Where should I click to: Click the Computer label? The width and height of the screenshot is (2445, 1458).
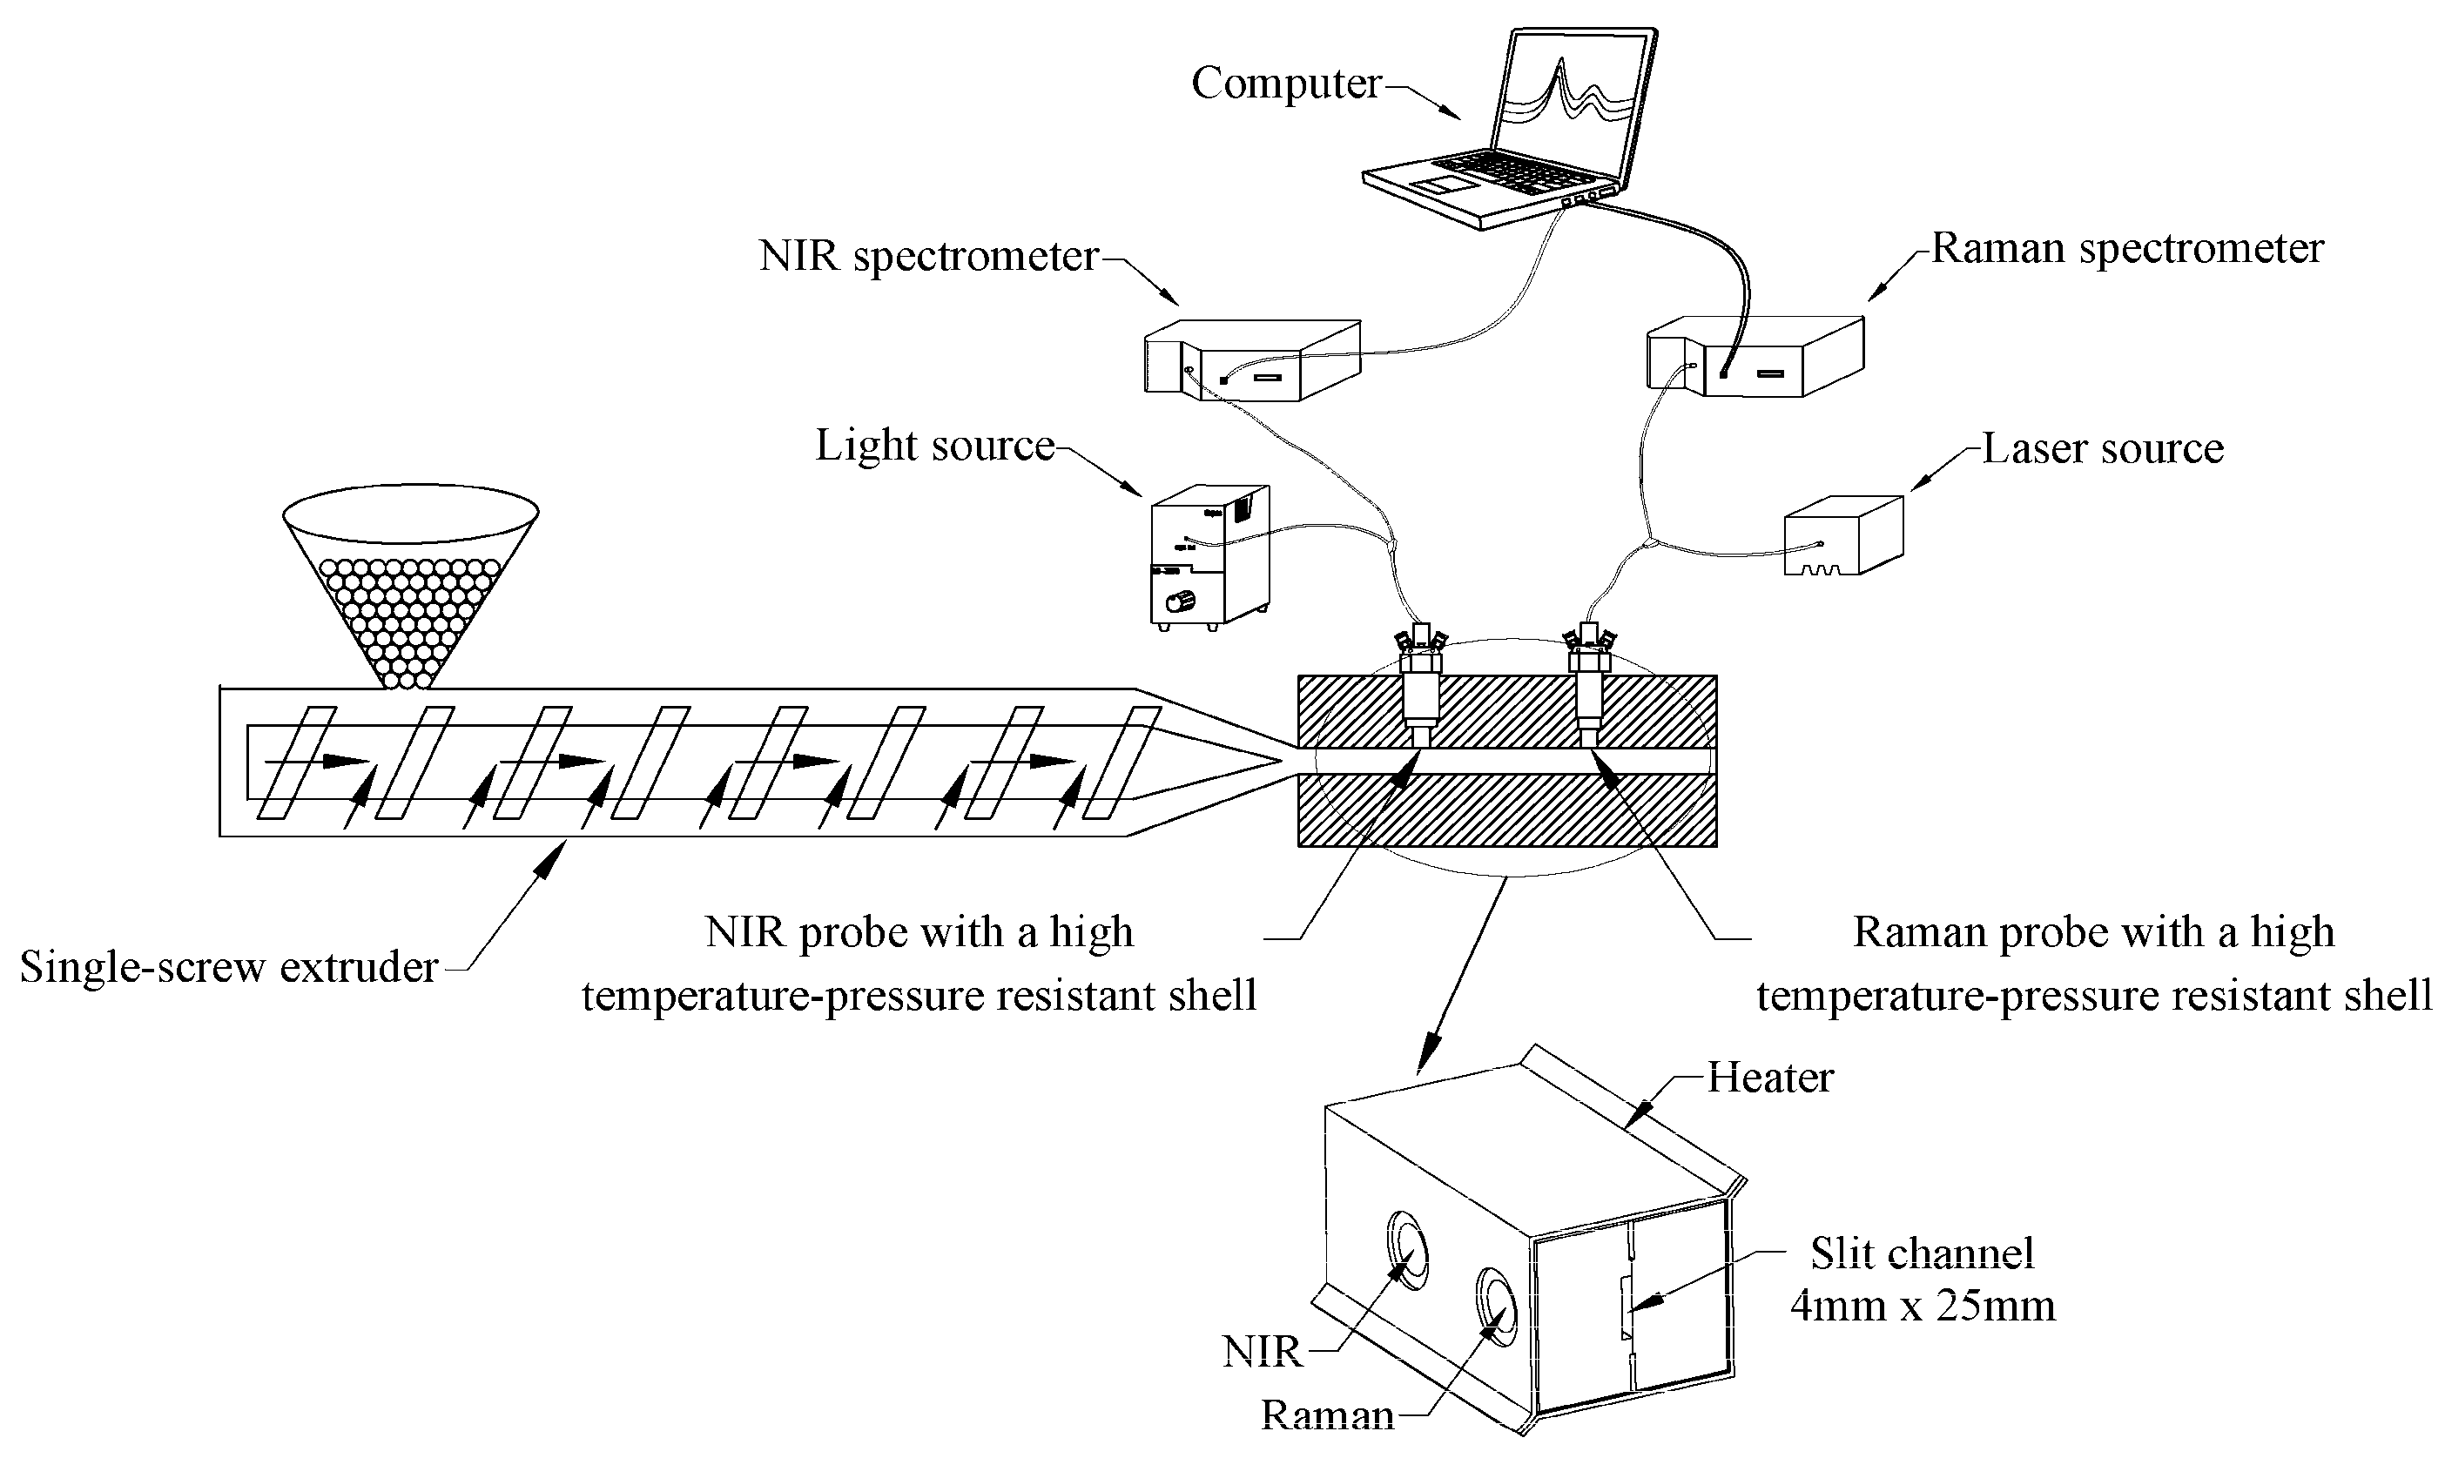click(x=1285, y=84)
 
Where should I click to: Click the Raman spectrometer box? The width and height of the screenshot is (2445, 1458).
click(x=1755, y=357)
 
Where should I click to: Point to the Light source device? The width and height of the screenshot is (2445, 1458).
click(x=1209, y=555)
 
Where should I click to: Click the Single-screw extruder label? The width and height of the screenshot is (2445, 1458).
click(x=229, y=968)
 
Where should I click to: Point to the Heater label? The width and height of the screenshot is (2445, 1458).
click(x=1770, y=1078)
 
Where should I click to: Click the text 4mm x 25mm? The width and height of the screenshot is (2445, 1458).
click(x=1923, y=1307)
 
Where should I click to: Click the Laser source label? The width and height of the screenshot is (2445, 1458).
click(x=2102, y=449)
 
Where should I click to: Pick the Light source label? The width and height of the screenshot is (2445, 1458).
click(x=934, y=446)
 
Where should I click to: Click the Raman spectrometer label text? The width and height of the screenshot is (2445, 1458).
click(x=2127, y=249)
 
